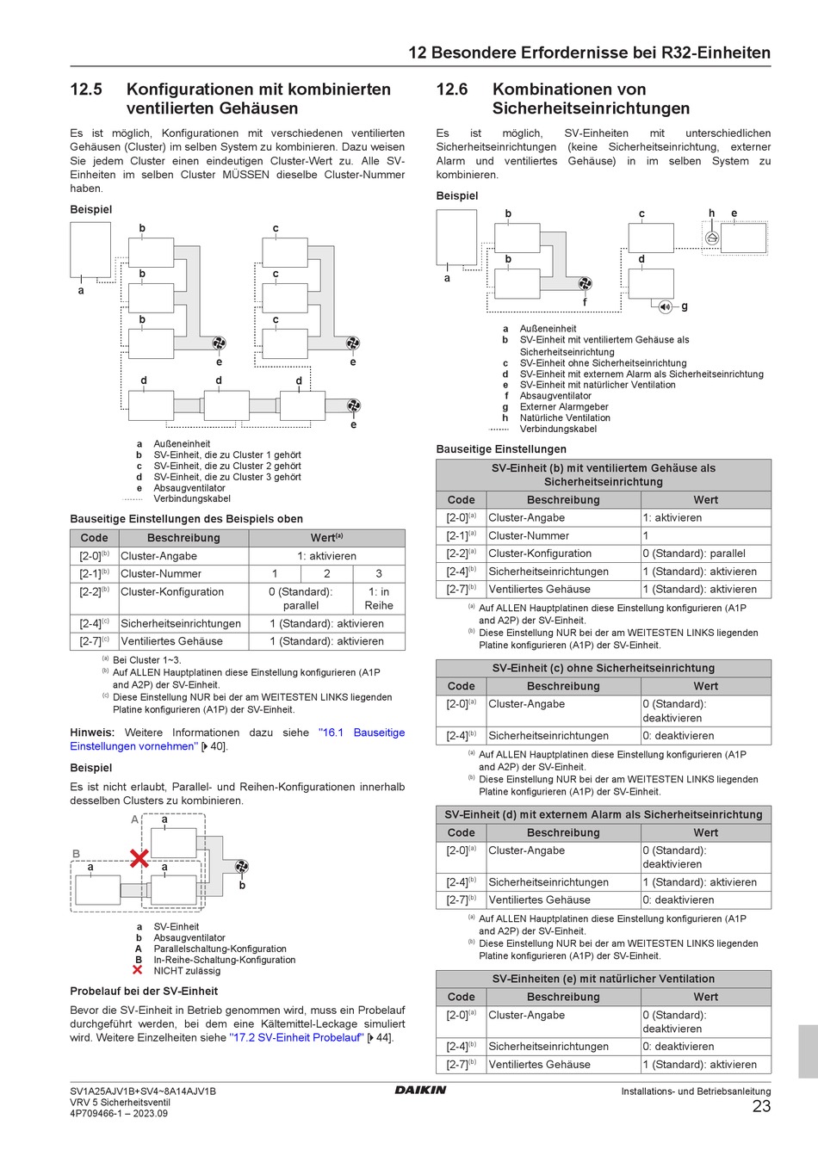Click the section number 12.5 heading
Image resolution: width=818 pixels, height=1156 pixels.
pyautogui.click(x=86, y=90)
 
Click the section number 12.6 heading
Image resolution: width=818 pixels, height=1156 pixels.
pyautogui.click(x=452, y=90)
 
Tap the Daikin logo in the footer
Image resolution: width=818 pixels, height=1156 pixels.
pyautogui.click(x=420, y=1090)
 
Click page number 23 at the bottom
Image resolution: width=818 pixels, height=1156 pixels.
pyautogui.click(x=761, y=1107)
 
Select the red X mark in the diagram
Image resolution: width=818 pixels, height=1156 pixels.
pyautogui.click(x=139, y=857)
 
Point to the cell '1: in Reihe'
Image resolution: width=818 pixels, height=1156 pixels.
pyautogui.click(x=379, y=598)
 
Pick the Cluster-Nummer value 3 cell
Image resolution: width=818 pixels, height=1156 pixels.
pyautogui.click(x=379, y=573)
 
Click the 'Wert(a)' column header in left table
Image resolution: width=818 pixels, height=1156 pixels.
pyautogui.click(x=326, y=538)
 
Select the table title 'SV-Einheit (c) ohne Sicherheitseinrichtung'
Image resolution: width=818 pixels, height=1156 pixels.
pyautogui.click(x=603, y=668)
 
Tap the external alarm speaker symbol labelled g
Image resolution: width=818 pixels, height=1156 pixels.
pyautogui.click(x=665, y=306)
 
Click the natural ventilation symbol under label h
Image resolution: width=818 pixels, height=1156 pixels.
pyautogui.click(x=711, y=238)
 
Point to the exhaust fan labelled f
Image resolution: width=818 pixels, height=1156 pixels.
pyautogui.click(x=586, y=284)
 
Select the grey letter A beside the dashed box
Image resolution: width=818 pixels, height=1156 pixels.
pyautogui.click(x=134, y=819)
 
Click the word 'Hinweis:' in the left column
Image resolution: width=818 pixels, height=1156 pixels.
pyautogui.click(x=92, y=733)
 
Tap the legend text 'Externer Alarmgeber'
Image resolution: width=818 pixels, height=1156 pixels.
pyautogui.click(x=564, y=407)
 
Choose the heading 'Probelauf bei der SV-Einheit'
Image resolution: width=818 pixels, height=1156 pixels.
pyautogui.click(x=144, y=991)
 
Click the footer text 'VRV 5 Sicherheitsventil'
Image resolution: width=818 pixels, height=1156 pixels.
pyautogui.click(x=120, y=1102)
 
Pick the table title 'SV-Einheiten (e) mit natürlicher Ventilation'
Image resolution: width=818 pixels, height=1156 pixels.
pyautogui.click(x=603, y=979)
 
